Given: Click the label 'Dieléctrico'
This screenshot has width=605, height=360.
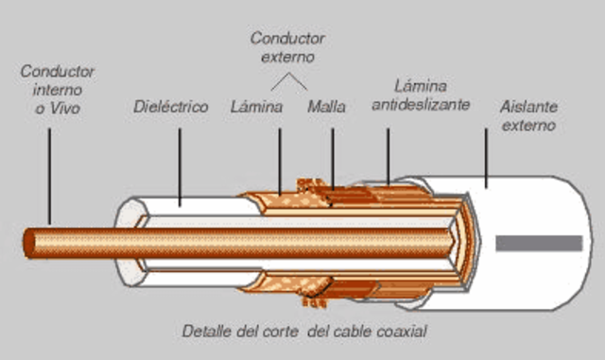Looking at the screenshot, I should (x=170, y=108).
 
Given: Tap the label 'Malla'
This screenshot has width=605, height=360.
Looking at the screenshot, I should (x=326, y=108).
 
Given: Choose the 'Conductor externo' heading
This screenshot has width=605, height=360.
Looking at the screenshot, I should (x=287, y=47).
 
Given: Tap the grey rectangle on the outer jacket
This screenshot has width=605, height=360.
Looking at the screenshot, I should (x=539, y=243).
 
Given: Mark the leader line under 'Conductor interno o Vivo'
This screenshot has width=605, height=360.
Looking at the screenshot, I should (x=48, y=180).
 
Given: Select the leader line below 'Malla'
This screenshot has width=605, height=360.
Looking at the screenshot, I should (x=333, y=156).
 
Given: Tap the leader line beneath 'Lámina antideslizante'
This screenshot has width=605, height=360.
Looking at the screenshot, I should (x=388, y=151).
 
